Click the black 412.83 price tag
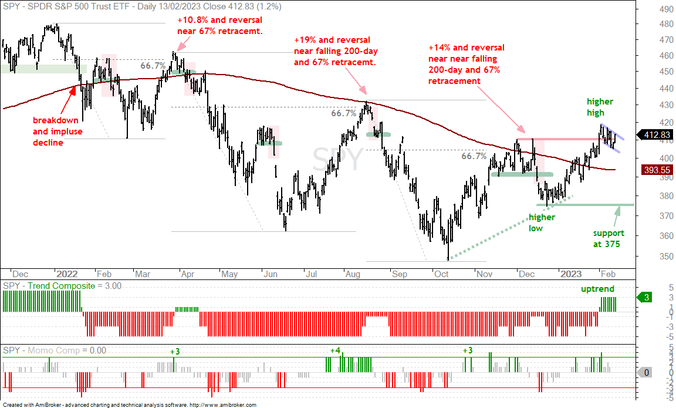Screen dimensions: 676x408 click(654, 135)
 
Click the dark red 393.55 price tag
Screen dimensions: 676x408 click(657, 170)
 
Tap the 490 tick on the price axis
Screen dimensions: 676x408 click(666, 11)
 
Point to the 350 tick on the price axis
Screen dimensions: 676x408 click(666, 256)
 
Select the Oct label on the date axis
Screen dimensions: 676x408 click(441, 274)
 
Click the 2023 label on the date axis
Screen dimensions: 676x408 click(571, 274)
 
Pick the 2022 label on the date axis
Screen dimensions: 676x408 click(67, 274)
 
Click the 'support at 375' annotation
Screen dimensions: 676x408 click(609, 238)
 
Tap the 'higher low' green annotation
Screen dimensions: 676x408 click(542, 222)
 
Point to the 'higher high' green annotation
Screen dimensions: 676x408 click(600, 107)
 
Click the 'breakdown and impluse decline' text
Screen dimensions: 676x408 click(58, 131)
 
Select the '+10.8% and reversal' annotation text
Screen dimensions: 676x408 click(219, 20)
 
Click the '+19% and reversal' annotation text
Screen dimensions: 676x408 click(332, 40)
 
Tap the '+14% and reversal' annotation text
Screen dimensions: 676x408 click(466, 48)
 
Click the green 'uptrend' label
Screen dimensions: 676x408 click(597, 289)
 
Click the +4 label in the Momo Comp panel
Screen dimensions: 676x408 click(335, 350)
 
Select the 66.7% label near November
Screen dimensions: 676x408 click(474, 156)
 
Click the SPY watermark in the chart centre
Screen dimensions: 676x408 click(338, 159)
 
